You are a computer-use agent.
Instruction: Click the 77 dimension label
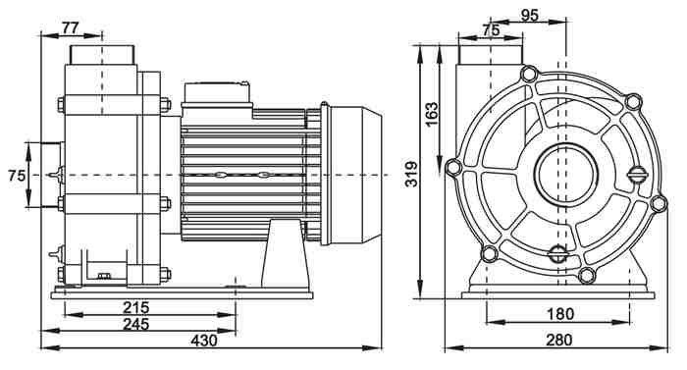pos(70,28)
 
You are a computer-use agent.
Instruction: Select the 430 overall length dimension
pos(204,341)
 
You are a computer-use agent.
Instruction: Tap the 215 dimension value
pos(135,307)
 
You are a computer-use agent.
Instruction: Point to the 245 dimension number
pos(135,324)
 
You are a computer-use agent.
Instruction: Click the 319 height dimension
pos(411,174)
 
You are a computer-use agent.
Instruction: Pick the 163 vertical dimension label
pos(431,114)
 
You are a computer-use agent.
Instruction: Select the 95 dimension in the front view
pos(529,16)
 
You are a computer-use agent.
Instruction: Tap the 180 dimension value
pos(560,314)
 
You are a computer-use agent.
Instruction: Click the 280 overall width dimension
pos(559,340)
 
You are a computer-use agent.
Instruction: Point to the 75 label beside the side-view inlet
pos(17,176)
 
